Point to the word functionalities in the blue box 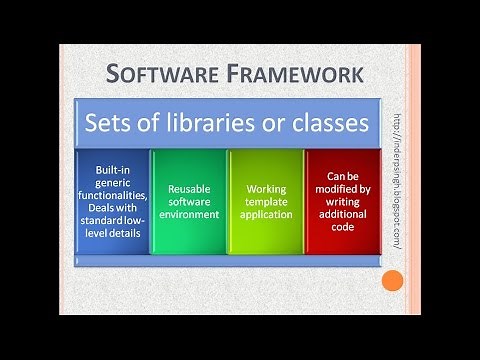coord(114,196)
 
